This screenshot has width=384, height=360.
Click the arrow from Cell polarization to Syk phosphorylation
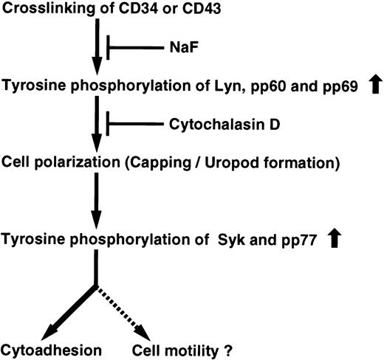coord(95,199)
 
